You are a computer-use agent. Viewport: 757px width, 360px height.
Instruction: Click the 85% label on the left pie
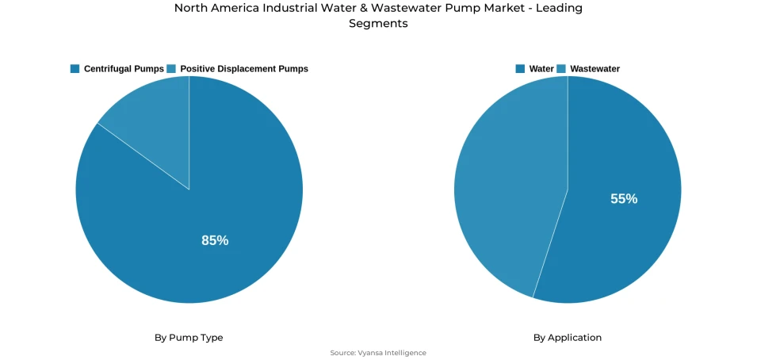pyautogui.click(x=215, y=240)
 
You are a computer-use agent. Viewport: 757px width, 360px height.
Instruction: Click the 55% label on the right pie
pyautogui.click(x=624, y=199)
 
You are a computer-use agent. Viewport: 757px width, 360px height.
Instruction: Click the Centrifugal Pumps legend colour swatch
pyautogui.click(x=75, y=69)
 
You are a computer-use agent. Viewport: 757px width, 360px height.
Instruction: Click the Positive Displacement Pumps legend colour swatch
pyautogui.click(x=171, y=69)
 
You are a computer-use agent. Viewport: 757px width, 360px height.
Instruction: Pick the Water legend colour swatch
pyautogui.click(x=520, y=69)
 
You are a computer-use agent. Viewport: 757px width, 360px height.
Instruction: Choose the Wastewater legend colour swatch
pyautogui.click(x=561, y=69)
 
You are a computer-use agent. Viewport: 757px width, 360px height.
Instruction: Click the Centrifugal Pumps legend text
pyautogui.click(x=124, y=69)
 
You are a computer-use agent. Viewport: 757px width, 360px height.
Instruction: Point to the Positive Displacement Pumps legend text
pyautogui.click(x=244, y=69)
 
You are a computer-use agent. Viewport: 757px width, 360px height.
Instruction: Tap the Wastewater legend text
pyautogui.click(x=595, y=69)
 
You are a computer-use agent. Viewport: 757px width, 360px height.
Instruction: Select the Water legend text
pyautogui.click(x=541, y=69)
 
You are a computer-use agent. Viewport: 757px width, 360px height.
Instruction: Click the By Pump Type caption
pyautogui.click(x=189, y=338)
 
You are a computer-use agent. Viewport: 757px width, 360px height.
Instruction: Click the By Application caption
pyautogui.click(x=568, y=338)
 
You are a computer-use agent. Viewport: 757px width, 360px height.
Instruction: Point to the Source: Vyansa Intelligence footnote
pyautogui.click(x=378, y=353)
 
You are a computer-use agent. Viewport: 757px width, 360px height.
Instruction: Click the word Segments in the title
pyautogui.click(x=378, y=24)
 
